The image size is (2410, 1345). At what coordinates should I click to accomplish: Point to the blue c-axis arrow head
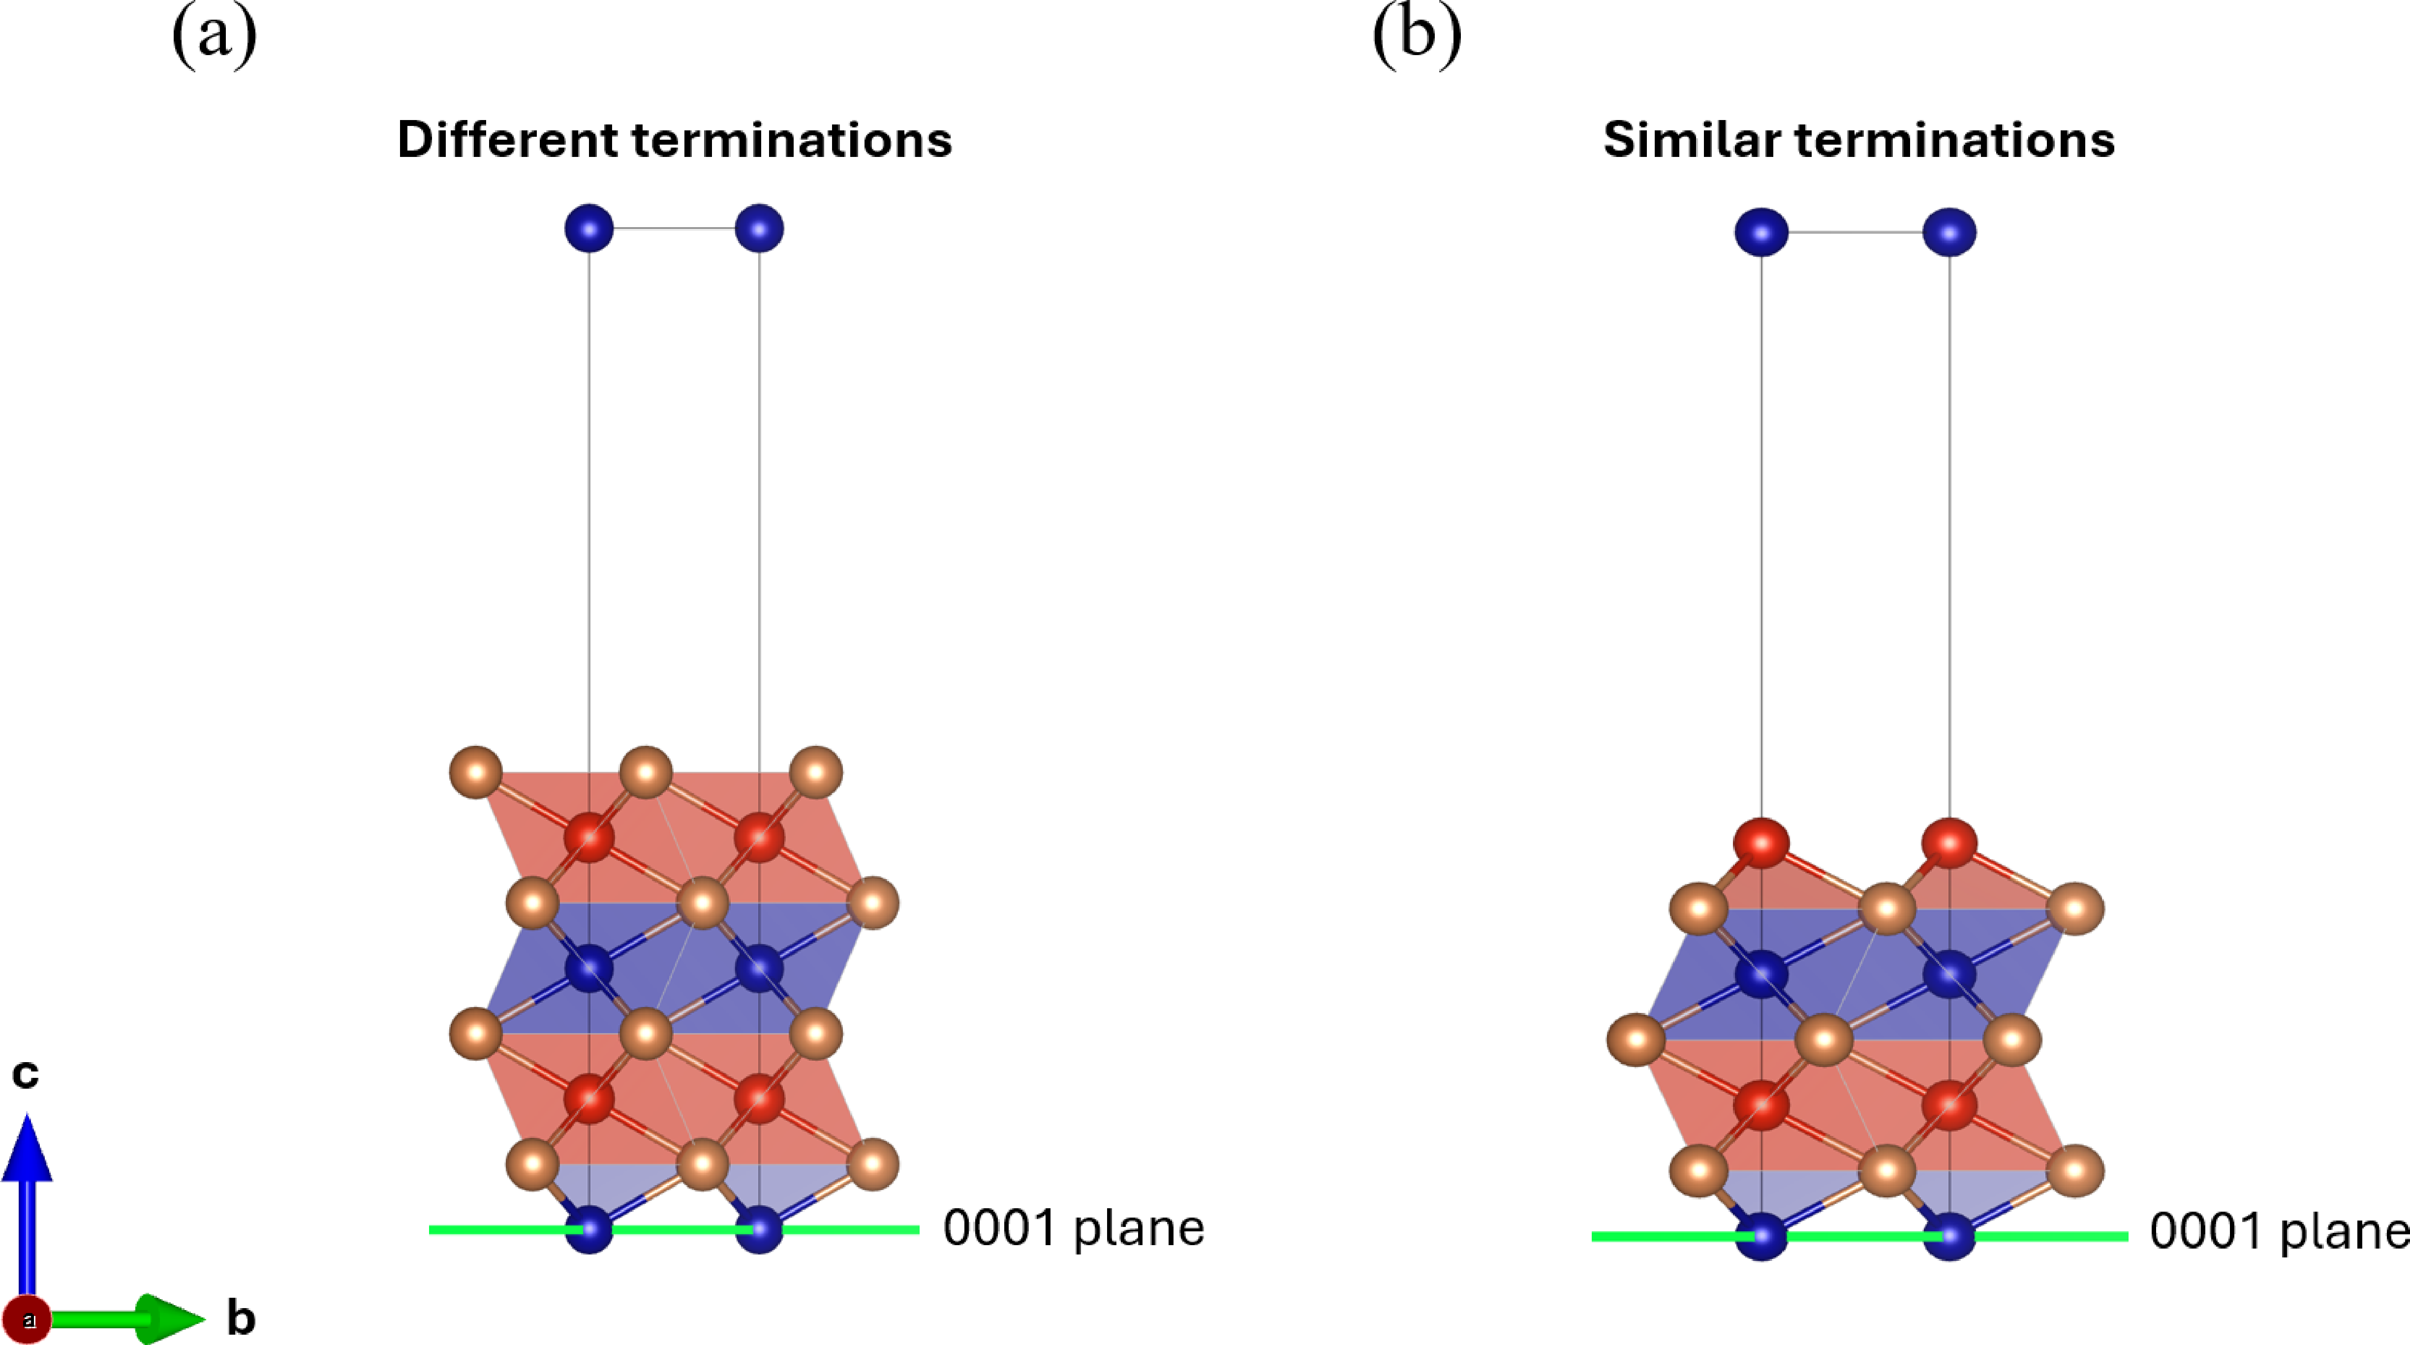[x=27, y=1146]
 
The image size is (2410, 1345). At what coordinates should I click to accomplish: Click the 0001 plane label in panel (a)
[x=1073, y=1228]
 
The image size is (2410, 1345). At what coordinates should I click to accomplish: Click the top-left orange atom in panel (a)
[x=476, y=772]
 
